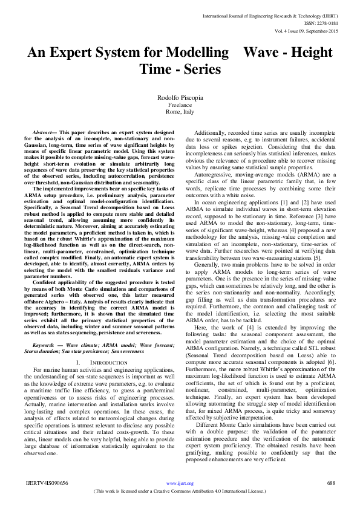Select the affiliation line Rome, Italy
pos(180,113)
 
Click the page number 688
pos(331,483)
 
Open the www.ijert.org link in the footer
pos(180,483)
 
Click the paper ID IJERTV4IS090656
pos(47,483)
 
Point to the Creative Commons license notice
pos(180,491)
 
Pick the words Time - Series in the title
pos(180,70)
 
